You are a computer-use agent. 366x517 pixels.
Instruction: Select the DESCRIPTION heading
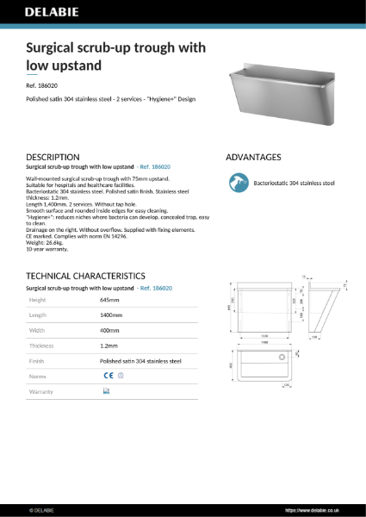click(x=58, y=157)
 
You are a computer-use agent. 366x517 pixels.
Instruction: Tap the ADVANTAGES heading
click(x=253, y=157)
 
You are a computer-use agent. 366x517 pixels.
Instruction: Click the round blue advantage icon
click(x=237, y=183)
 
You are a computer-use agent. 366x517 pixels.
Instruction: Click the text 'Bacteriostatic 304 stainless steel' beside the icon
click(x=293, y=183)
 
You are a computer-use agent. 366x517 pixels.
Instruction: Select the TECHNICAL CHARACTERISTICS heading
click(x=92, y=276)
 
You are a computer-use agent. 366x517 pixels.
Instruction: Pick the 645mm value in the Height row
click(x=109, y=300)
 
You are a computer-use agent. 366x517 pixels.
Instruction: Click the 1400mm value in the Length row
click(x=112, y=315)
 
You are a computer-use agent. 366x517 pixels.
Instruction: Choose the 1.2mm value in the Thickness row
click(x=109, y=346)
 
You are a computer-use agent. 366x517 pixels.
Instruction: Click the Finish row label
click(x=36, y=361)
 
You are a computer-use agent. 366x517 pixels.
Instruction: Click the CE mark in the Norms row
click(x=109, y=376)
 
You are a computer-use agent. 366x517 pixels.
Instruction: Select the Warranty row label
click(x=40, y=391)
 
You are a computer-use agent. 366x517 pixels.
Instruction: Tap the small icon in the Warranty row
click(x=107, y=391)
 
